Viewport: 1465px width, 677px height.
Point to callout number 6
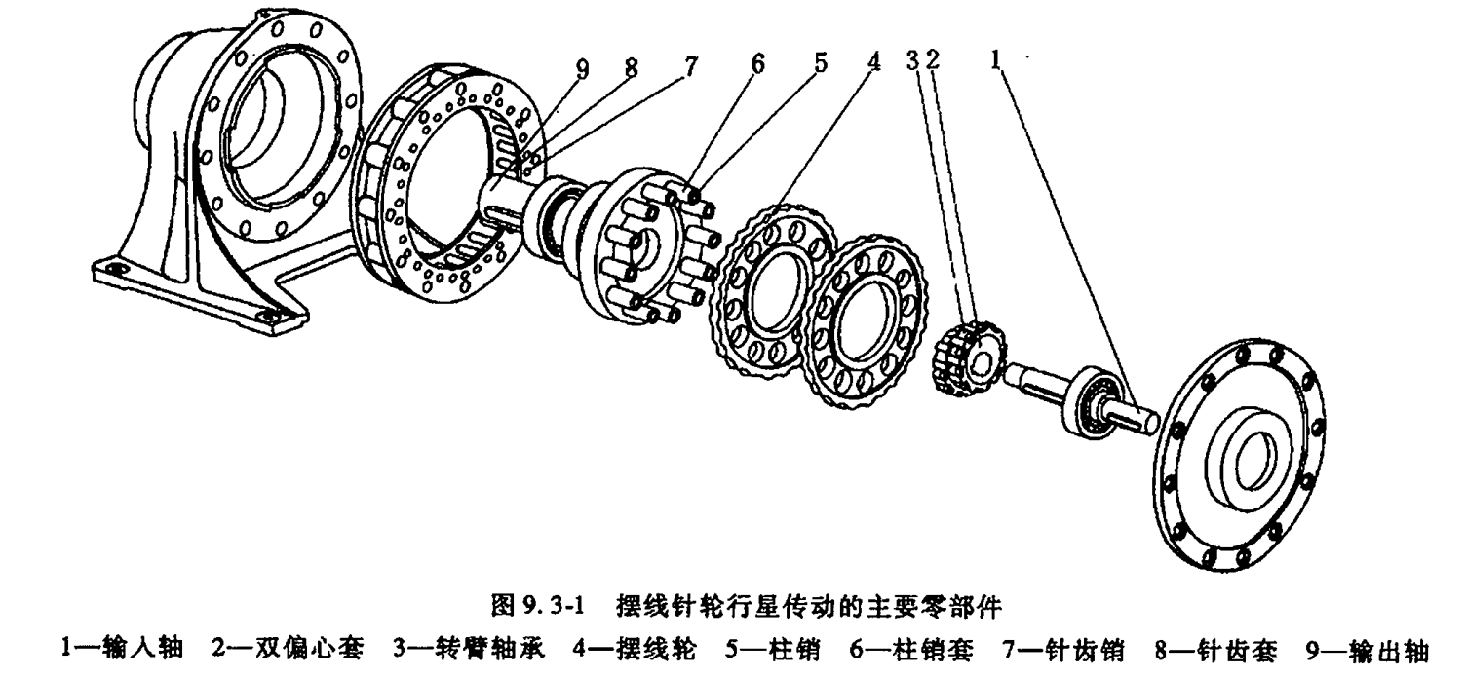click(x=757, y=63)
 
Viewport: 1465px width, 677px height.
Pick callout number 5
click(x=820, y=63)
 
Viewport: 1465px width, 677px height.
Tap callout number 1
click(x=996, y=60)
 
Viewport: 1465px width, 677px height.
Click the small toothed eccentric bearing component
click(x=966, y=358)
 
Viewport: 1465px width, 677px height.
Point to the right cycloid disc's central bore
click(x=862, y=321)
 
